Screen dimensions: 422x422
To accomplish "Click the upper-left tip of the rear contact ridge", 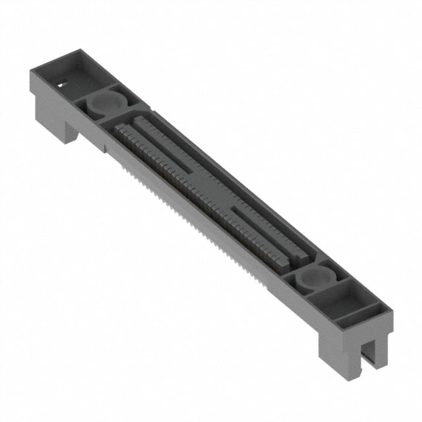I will (139, 119).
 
